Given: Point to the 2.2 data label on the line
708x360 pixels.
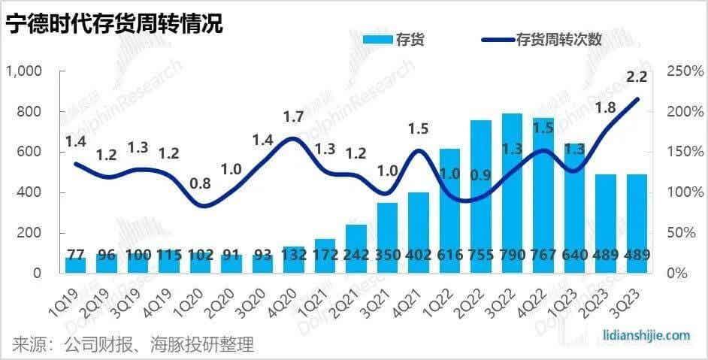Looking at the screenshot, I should [x=637, y=77].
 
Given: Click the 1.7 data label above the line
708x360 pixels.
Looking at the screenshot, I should [x=293, y=116].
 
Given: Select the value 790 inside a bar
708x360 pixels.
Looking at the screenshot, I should [x=513, y=256].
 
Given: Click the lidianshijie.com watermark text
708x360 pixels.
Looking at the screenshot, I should [x=646, y=336].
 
